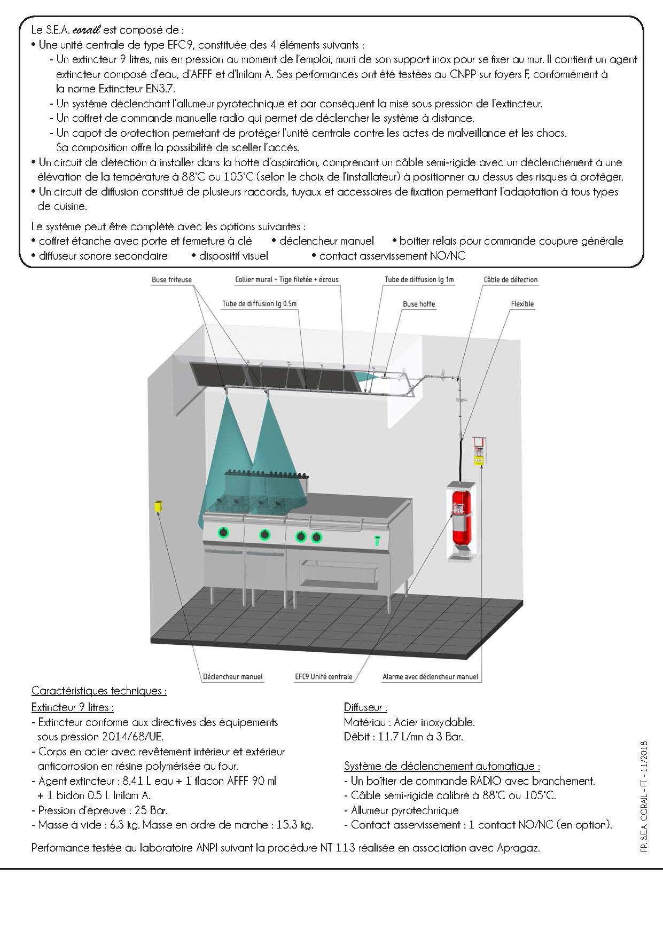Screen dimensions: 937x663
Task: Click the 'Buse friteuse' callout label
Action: pyautogui.click(x=171, y=279)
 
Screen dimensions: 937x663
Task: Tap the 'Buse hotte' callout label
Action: pyautogui.click(x=419, y=304)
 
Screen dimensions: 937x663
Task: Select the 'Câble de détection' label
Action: pyautogui.click(x=510, y=279)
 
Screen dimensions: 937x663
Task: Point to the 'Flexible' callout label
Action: pyautogui.click(x=522, y=304)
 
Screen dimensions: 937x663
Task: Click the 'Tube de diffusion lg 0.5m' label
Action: pyautogui.click(x=259, y=304)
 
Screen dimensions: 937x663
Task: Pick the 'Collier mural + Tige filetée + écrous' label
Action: pyautogui.click(x=287, y=279)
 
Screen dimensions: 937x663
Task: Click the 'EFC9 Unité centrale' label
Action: pyautogui.click(x=324, y=676)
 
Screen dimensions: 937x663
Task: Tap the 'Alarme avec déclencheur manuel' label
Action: pyautogui.click(x=430, y=676)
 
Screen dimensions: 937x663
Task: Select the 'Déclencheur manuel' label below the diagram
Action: pyautogui.click(x=233, y=676)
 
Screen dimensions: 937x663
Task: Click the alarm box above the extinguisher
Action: pyautogui.click(x=479, y=450)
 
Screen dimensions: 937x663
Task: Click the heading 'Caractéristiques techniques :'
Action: pyautogui.click(x=99, y=691)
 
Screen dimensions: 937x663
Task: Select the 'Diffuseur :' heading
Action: pyautogui.click(x=365, y=707)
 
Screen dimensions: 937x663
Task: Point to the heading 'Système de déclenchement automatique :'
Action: pyautogui.click(x=442, y=766)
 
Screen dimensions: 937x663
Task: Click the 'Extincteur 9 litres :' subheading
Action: pyautogui.click(x=72, y=707)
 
